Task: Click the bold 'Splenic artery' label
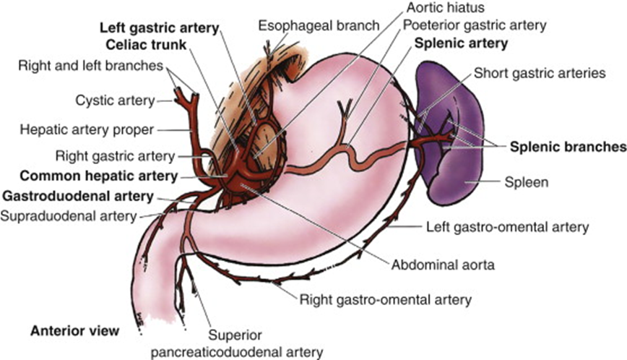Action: (x=461, y=43)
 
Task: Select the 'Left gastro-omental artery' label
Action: (x=506, y=227)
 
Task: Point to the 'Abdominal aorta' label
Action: (x=444, y=265)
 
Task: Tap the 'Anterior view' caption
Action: (x=74, y=332)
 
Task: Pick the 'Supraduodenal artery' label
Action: (x=69, y=215)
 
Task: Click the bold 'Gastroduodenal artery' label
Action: (x=77, y=196)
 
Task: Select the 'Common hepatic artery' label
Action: (x=98, y=176)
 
